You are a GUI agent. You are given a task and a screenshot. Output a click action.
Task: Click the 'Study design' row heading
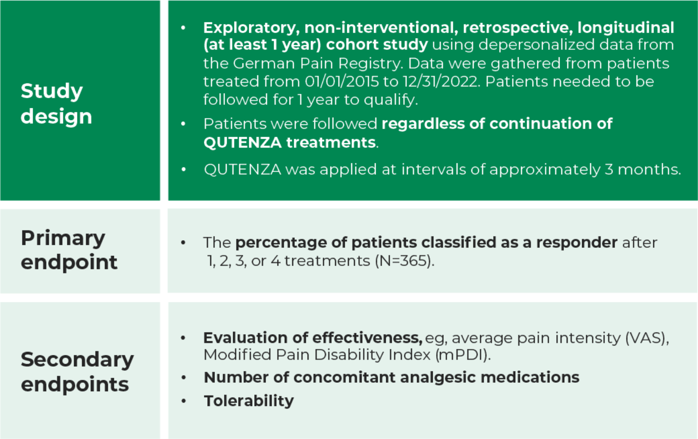[56, 103]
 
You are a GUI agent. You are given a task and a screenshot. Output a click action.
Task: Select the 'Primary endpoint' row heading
[69, 250]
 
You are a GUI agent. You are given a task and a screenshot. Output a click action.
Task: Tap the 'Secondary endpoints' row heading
[77, 372]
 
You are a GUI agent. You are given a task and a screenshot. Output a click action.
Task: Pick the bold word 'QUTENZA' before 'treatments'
[242, 143]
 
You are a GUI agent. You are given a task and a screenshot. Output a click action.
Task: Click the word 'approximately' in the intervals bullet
[545, 170]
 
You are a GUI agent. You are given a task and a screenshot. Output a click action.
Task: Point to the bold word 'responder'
[577, 243]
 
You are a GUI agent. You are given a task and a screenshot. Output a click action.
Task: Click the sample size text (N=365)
[404, 261]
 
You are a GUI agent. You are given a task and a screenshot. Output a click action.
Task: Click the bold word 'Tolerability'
[249, 401]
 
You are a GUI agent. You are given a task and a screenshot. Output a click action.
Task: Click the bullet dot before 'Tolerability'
[184, 401]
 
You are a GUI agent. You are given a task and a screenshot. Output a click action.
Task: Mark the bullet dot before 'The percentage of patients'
[183, 243]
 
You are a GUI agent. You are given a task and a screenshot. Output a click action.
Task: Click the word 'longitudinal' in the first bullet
[626, 28]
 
